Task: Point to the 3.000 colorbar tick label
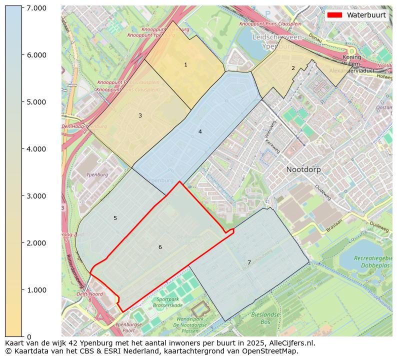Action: pyautogui.click(x=36, y=196)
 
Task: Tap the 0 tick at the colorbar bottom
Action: pyautogui.click(x=29, y=337)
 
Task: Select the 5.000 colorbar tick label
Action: pyautogui.click(x=36, y=102)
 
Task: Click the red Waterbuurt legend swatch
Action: pyautogui.click(x=335, y=15)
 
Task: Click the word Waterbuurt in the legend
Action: pyautogui.click(x=366, y=15)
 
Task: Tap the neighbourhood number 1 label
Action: pyautogui.click(x=185, y=65)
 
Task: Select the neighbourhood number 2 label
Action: pyautogui.click(x=293, y=68)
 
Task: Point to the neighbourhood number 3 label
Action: pyautogui.click(x=140, y=116)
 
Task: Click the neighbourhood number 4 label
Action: pyautogui.click(x=200, y=132)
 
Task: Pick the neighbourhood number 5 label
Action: pyautogui.click(x=115, y=218)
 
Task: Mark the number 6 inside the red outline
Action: pyautogui.click(x=160, y=247)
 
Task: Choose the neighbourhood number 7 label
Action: pyautogui.click(x=249, y=263)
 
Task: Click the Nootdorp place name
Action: pyautogui.click(x=303, y=169)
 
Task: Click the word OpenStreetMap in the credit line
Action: pyautogui.click(x=272, y=351)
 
